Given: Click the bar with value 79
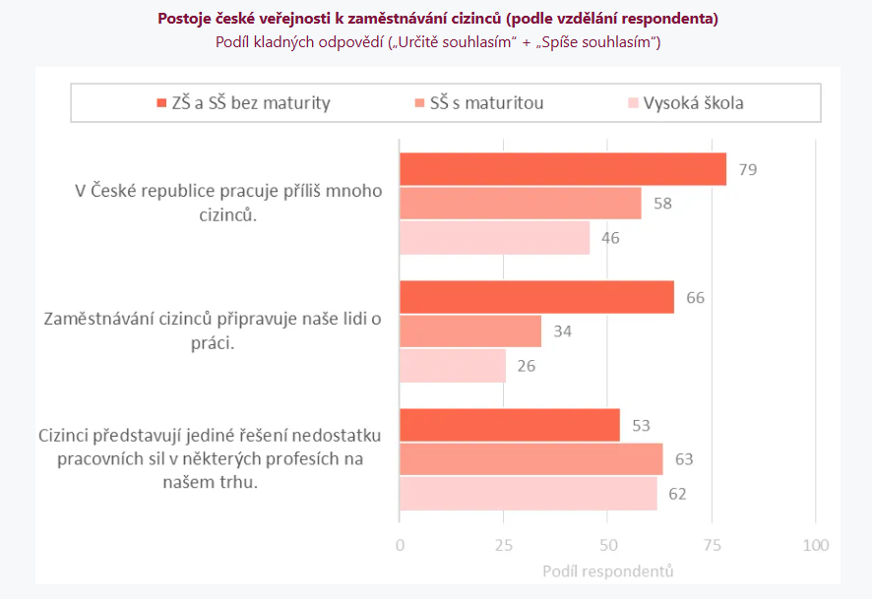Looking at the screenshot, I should pyautogui.click(x=562, y=169).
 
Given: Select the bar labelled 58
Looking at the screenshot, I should pyautogui.click(x=520, y=204).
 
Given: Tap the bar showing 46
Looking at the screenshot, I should pyautogui.click(x=494, y=238).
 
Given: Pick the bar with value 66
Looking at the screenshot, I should pyautogui.click(x=536, y=297).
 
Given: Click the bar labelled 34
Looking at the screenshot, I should pyautogui.click(x=469, y=331).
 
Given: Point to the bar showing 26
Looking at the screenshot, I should pyautogui.click(x=453, y=366).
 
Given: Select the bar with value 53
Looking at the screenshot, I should pyautogui.click(x=509, y=425).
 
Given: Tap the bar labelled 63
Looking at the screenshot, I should pyautogui.click(x=530, y=459).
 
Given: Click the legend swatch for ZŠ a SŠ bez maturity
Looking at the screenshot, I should pyautogui.click(x=162, y=103).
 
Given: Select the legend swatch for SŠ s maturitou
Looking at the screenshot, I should pyautogui.click(x=419, y=103).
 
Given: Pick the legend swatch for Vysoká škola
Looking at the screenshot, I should pyautogui.click(x=633, y=103).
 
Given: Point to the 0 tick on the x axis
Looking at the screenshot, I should pyautogui.click(x=399, y=545).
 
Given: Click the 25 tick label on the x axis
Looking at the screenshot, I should pyautogui.click(x=503, y=545).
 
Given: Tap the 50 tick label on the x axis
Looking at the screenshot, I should pyautogui.click(x=607, y=545).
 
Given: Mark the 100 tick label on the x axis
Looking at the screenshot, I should pyautogui.click(x=815, y=545).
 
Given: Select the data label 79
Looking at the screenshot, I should pyautogui.click(x=748, y=169).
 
